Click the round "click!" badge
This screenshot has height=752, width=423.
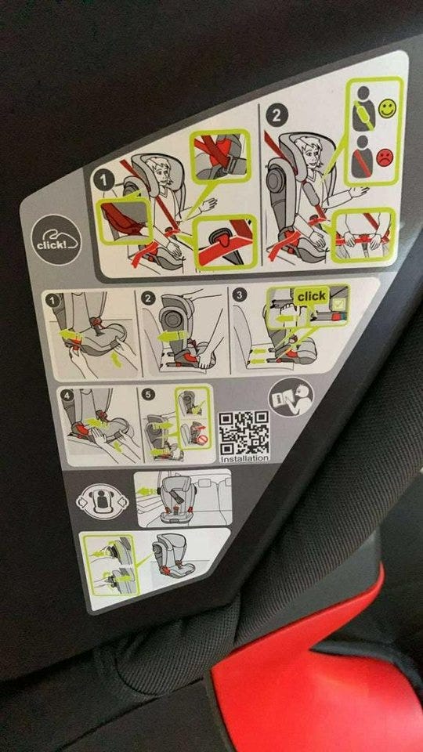click(x=56, y=240)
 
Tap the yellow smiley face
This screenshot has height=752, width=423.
click(x=387, y=108)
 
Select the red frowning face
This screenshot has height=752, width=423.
click(x=385, y=157)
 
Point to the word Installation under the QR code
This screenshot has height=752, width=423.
click(x=244, y=458)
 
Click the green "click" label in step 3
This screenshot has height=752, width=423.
click(x=311, y=296)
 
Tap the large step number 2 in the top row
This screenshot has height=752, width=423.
click(x=277, y=116)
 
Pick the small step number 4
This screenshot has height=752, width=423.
click(x=67, y=396)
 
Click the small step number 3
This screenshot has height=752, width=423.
click(x=238, y=295)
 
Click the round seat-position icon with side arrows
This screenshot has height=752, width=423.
click(x=103, y=501)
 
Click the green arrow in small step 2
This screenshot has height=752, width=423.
click(x=172, y=337)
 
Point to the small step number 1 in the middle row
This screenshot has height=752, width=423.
click(x=52, y=301)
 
